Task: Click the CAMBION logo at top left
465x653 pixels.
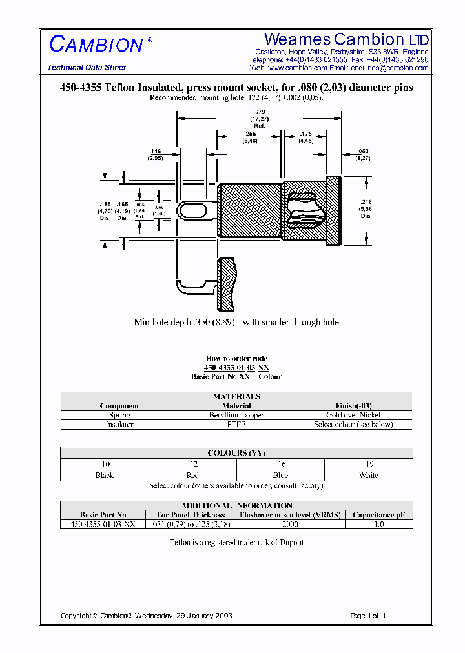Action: pyautogui.click(x=97, y=45)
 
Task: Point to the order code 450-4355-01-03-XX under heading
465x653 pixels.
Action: pyautogui.click(x=236, y=367)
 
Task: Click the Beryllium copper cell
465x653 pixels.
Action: pyautogui.click(x=236, y=416)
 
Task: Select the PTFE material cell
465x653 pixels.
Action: pyautogui.click(x=236, y=425)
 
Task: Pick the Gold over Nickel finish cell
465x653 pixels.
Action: pyautogui.click(x=353, y=416)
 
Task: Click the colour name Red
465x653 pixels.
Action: pyautogui.click(x=192, y=476)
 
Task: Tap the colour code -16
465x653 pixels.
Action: pyautogui.click(x=280, y=464)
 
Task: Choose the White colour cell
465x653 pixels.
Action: pyautogui.click(x=368, y=476)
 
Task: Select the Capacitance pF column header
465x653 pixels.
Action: pyautogui.click(x=379, y=515)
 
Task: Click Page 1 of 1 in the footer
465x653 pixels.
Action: pyautogui.click(x=367, y=616)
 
